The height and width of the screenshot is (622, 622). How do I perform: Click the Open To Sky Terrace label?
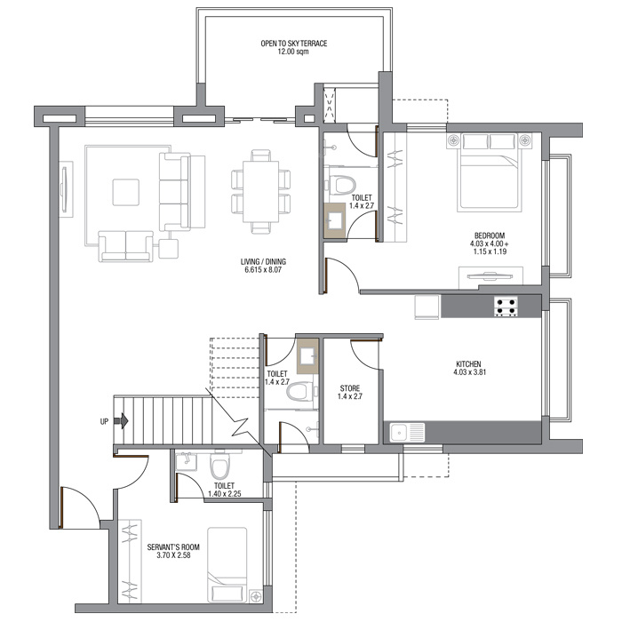293,44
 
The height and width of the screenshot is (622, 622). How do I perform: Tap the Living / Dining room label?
263,262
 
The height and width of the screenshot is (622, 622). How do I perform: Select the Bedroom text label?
490,235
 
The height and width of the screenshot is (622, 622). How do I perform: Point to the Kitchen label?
468,364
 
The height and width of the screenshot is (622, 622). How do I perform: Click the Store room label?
350,388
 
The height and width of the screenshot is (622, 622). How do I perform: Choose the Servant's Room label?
173,547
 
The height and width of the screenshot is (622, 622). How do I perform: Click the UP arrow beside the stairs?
121,421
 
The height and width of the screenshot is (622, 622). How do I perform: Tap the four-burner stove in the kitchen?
506,307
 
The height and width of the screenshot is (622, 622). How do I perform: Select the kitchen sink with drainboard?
407,432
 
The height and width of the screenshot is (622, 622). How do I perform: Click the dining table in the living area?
260,191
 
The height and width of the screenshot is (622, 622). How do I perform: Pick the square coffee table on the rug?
126,193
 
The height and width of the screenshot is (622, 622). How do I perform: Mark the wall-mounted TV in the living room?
64,187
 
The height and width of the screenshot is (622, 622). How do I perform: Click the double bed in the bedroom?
490,172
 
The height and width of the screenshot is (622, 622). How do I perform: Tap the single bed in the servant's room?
227,565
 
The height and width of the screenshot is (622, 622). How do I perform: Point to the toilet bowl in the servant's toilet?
219,465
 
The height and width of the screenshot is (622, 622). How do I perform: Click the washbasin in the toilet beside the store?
307,355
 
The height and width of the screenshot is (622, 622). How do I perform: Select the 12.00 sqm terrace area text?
293,52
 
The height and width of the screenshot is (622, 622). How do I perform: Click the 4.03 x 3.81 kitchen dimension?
470,372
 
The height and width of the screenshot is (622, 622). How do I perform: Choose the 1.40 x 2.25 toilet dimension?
224,494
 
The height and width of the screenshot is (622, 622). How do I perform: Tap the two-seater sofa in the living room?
126,246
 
